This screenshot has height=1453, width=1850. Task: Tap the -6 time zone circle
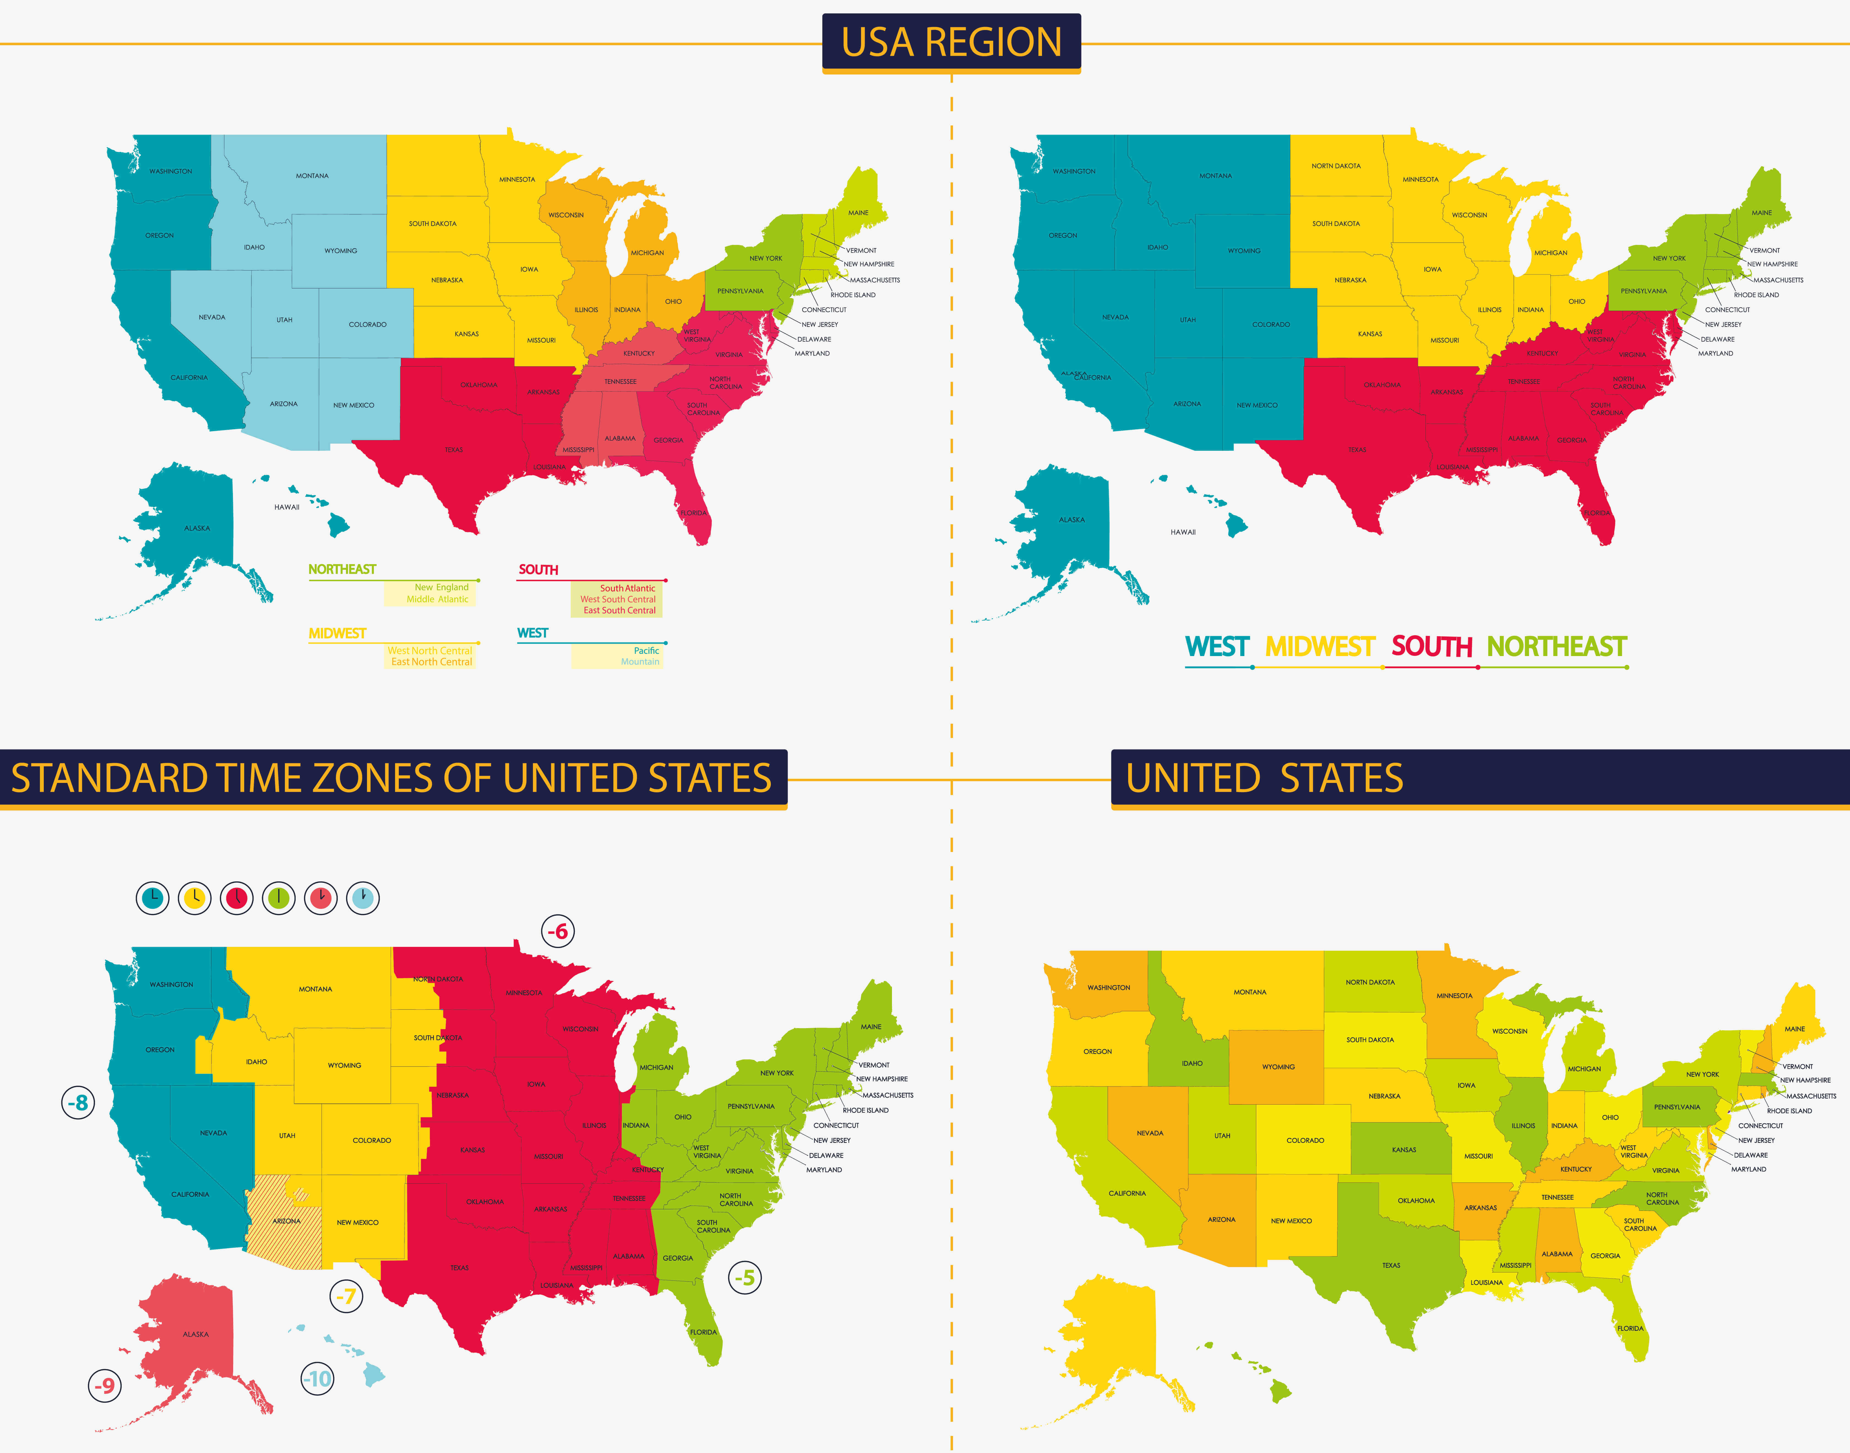click(x=558, y=932)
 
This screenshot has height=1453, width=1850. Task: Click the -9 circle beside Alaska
click(x=105, y=1386)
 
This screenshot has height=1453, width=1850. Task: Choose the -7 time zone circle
click(x=345, y=1296)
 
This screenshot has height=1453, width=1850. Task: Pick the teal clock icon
click(x=153, y=897)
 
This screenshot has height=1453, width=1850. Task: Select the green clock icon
click(x=279, y=897)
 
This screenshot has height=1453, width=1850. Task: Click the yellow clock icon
click(x=195, y=897)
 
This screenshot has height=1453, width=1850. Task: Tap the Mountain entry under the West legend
click(x=640, y=662)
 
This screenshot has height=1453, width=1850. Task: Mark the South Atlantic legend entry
click(x=627, y=588)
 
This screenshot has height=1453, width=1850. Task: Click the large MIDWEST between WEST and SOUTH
click(x=1320, y=648)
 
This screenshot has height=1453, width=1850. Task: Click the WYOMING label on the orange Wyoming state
click(x=1278, y=1067)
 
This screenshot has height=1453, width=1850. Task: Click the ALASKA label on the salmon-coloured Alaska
click(x=196, y=1334)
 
